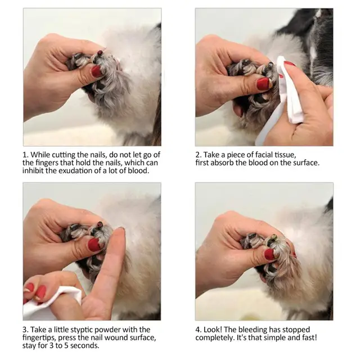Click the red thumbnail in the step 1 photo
[x=96, y=71]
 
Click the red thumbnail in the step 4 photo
[x=269, y=254]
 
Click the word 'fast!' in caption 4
[x=306, y=337]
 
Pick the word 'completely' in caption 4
[x=217, y=337]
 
